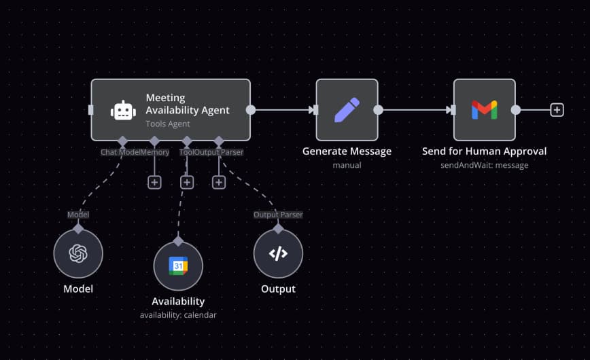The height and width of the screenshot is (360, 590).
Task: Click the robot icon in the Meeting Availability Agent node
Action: (x=123, y=110)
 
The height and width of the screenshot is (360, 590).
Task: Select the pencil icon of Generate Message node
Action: (x=347, y=110)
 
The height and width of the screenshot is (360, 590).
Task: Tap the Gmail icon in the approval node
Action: (x=484, y=110)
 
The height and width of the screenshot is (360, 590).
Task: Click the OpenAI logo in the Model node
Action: (x=78, y=253)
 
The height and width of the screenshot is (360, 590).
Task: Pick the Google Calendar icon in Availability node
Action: (x=178, y=266)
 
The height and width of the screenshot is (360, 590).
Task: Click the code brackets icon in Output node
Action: (x=278, y=253)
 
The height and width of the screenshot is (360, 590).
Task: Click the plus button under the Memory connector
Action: (x=154, y=182)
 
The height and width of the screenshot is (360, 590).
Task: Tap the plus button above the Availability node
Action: (x=187, y=182)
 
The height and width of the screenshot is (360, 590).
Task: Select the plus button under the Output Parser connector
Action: (x=219, y=182)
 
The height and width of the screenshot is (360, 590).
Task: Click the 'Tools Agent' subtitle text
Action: (x=167, y=124)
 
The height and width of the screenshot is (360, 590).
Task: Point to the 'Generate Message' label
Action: (x=347, y=151)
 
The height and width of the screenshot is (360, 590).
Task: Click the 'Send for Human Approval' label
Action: (x=484, y=151)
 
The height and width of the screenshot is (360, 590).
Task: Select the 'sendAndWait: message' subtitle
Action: (x=484, y=164)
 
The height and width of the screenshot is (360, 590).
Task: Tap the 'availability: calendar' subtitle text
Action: (x=178, y=314)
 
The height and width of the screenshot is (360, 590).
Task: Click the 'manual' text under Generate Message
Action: (x=347, y=164)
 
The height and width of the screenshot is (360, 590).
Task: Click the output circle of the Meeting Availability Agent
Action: (x=251, y=110)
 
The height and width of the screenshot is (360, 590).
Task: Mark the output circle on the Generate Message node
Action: (x=379, y=110)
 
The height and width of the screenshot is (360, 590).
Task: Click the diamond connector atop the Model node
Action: (x=78, y=225)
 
